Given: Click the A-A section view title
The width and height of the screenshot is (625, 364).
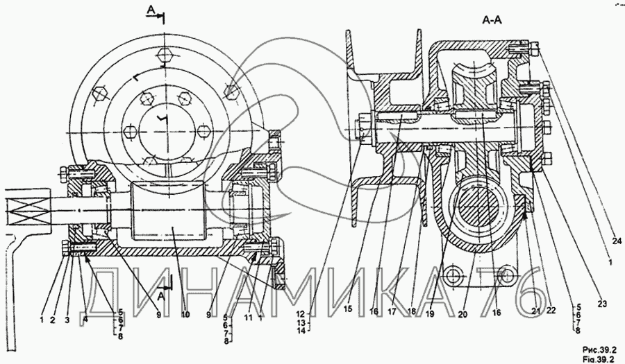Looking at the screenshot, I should pyautogui.click(x=492, y=21).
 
